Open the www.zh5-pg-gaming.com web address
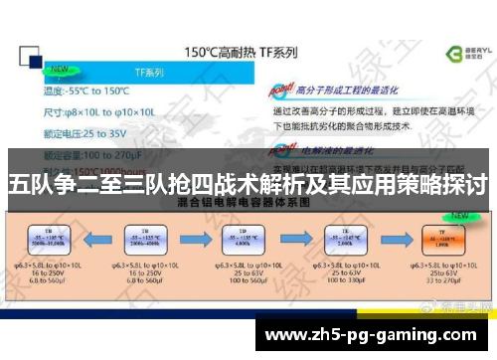[378, 333]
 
